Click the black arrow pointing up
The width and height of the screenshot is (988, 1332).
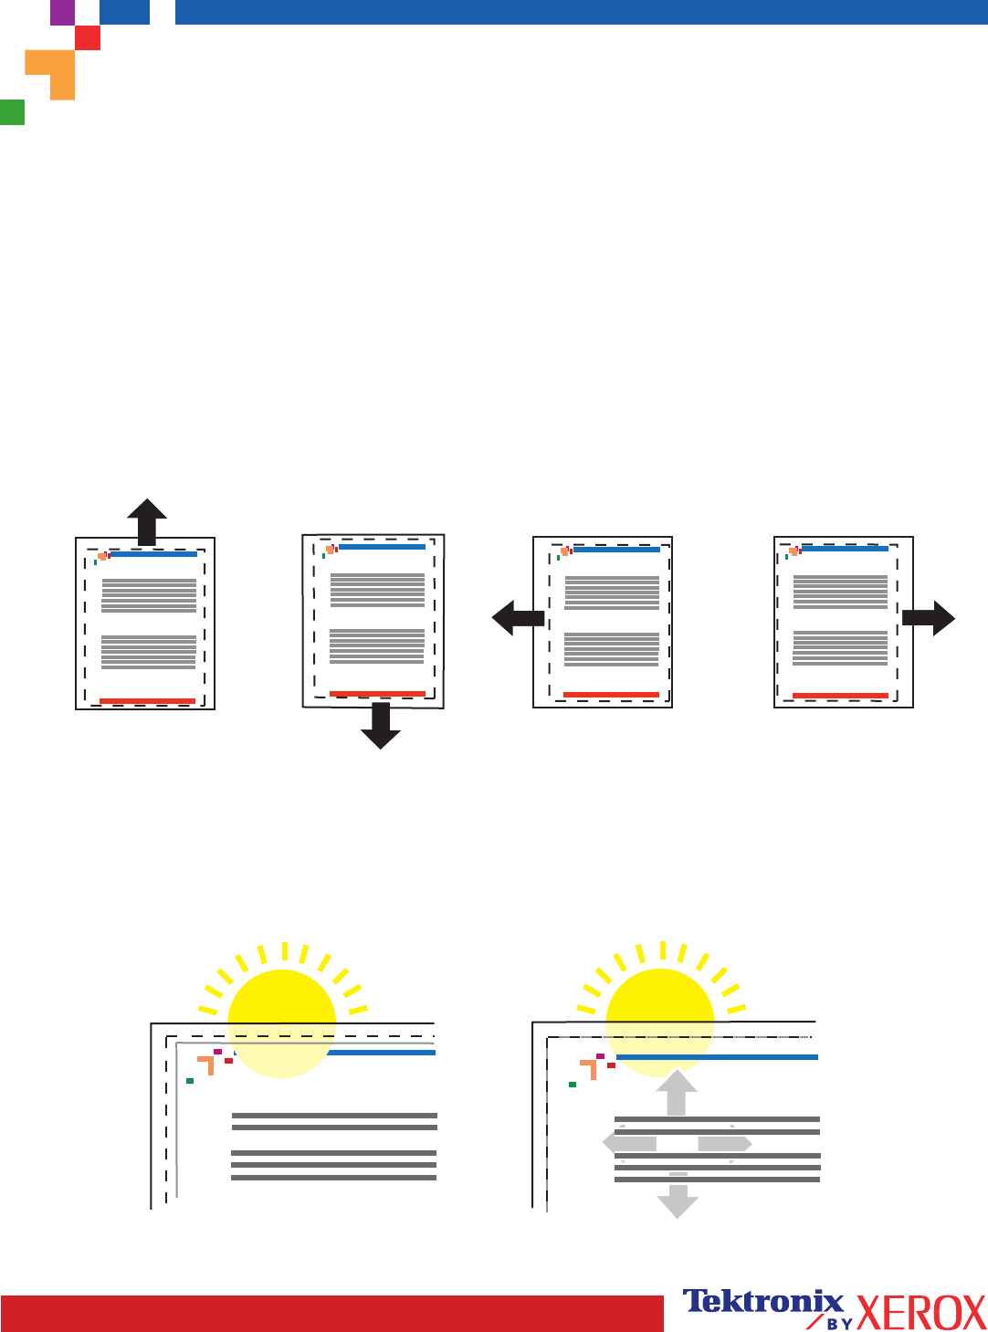147,521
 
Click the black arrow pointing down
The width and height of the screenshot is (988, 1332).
381,725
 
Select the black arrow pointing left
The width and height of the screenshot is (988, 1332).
517,618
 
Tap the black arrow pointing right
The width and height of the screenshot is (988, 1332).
930,618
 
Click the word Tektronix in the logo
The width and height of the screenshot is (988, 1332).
763,1302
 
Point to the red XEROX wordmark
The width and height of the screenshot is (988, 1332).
920,1314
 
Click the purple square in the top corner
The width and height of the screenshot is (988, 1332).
62,12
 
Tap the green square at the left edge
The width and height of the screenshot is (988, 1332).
12,112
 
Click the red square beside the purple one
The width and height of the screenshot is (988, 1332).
88,37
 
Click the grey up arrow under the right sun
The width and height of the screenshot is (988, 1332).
677,1093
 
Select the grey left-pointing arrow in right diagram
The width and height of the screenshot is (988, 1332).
629,1143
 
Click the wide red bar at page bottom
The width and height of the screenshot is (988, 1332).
331,1313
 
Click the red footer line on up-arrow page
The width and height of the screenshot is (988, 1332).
147,701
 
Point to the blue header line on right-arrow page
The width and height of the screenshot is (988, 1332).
845,549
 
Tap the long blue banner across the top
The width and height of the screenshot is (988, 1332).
581,12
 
